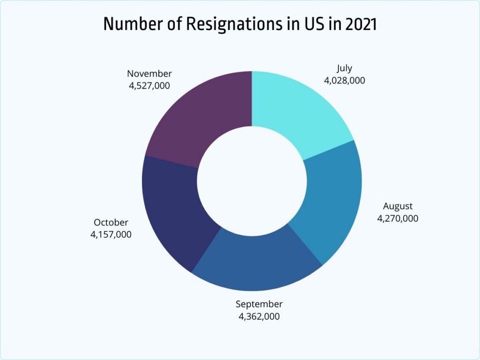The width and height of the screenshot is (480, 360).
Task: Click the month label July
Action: pyautogui.click(x=344, y=68)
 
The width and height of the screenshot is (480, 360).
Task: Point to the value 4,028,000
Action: pyautogui.click(x=344, y=80)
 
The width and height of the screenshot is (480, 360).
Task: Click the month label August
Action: pyautogui.click(x=397, y=206)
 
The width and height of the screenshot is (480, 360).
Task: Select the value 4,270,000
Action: pyautogui.click(x=397, y=218)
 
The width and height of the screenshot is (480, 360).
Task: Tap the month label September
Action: pyautogui.click(x=259, y=304)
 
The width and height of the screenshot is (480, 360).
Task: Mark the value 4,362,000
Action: pyautogui.click(x=259, y=316)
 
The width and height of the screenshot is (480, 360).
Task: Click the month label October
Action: pyautogui.click(x=111, y=222)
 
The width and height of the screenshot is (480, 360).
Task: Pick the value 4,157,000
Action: pyautogui.click(x=111, y=234)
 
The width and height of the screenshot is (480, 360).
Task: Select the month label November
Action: pyautogui.click(x=149, y=74)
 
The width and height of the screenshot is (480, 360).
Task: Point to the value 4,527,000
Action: pyautogui.click(x=149, y=86)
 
